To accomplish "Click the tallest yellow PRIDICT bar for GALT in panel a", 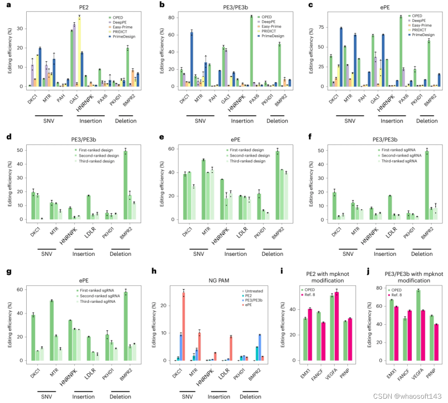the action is [x=79, y=52].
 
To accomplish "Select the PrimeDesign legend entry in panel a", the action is [x=122, y=37].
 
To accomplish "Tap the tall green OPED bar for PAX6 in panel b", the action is [x=252, y=52].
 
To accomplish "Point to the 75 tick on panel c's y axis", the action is [x=321, y=27].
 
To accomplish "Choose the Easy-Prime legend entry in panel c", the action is [x=420, y=25].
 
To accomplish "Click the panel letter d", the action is [x=9, y=137].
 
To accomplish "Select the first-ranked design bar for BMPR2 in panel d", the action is [x=126, y=185].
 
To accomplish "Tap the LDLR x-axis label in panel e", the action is [x=242, y=233].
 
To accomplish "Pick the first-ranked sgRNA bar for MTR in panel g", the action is [x=52, y=331].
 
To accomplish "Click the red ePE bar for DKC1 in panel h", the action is [x=184, y=326].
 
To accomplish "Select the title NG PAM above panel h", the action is [x=219, y=281].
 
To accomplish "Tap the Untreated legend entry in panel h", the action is [x=252, y=291].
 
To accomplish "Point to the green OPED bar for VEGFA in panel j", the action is [x=418, y=325].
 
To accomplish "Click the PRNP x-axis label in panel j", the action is [x=431, y=373].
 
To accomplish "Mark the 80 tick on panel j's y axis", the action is [x=379, y=288].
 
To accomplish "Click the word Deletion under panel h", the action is [x=251, y=397].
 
